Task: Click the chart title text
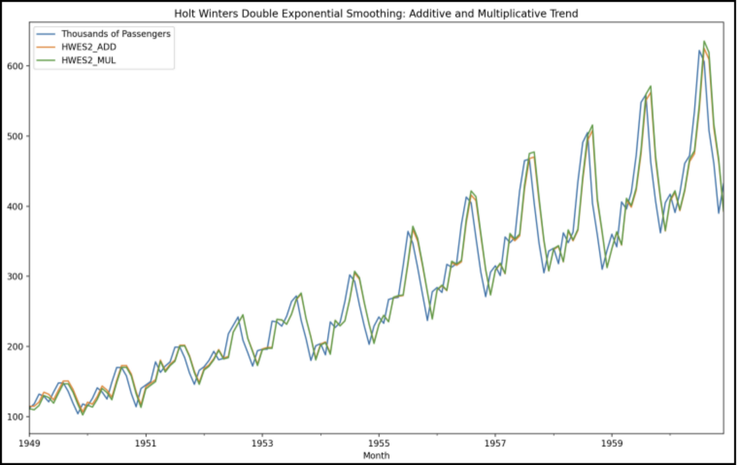click(x=375, y=13)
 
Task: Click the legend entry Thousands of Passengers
click(x=115, y=34)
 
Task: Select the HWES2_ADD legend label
click(x=89, y=47)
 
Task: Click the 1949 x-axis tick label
click(x=29, y=445)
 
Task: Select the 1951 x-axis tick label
click(x=146, y=445)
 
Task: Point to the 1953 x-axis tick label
click(x=262, y=445)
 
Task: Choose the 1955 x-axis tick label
click(x=379, y=445)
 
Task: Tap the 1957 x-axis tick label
click(x=495, y=445)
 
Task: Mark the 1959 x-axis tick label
click(x=612, y=445)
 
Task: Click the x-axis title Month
click(x=375, y=455)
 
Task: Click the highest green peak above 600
click(x=704, y=41)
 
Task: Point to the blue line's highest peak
click(x=699, y=51)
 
